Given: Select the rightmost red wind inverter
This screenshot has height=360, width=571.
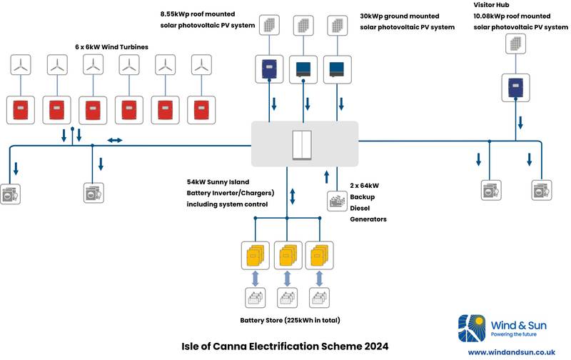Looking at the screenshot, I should coord(201,110).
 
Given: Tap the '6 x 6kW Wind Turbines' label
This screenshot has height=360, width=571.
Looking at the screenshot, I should coord(111,46).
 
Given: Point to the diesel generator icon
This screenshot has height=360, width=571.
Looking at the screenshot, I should coord(337,201).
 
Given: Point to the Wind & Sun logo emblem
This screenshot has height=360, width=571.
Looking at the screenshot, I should coord(472,329).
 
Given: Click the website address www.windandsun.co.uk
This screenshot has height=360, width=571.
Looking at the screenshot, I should coord(511,352).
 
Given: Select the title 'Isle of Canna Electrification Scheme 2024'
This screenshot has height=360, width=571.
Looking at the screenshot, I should coord(285,346).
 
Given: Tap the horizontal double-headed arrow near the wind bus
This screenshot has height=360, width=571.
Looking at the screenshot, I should coord(115,140).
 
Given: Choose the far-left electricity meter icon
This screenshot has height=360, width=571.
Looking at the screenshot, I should coord(11,194).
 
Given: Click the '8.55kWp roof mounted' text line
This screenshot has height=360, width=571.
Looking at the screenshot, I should coord(198,14).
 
